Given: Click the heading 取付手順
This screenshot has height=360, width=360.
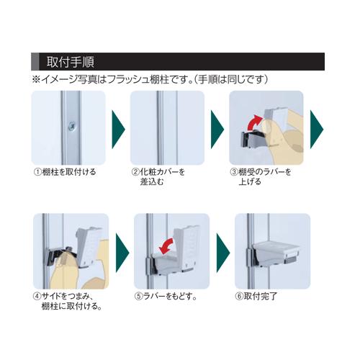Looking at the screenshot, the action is [x=71, y=62].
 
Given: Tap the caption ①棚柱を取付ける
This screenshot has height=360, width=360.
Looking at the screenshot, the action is [x=65, y=172].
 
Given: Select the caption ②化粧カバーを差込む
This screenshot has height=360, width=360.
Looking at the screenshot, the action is [x=158, y=176].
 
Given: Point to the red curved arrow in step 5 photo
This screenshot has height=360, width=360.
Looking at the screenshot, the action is [x=166, y=246].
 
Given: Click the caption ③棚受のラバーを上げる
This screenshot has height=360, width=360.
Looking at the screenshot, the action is [x=261, y=176].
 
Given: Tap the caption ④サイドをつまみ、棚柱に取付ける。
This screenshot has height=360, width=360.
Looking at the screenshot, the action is [x=67, y=302].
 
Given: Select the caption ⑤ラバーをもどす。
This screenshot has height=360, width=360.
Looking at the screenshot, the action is [x=166, y=297].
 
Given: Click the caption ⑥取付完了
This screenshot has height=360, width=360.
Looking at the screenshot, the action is [x=256, y=297].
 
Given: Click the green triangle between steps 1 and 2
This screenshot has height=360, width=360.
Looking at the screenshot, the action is [x=119, y=130].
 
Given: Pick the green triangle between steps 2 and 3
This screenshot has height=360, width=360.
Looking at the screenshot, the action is [x=217, y=130].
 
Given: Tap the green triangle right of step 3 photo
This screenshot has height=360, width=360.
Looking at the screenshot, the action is [x=317, y=130].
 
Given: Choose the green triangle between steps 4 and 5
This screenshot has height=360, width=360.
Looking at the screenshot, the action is [x=122, y=253].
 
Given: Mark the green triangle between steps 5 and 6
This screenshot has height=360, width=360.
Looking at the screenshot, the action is [x=223, y=253].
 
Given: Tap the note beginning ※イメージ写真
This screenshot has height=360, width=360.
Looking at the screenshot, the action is [x=150, y=79].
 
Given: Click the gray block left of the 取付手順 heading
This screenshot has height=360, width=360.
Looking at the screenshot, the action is [x=35, y=61].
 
